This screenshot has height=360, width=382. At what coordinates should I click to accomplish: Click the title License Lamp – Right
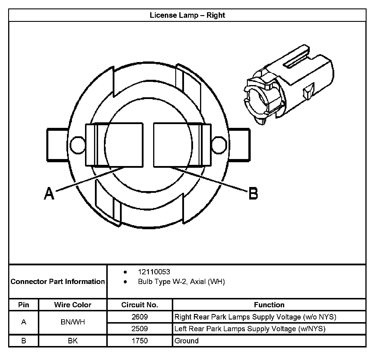187,15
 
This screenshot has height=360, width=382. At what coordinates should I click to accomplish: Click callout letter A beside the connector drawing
49,193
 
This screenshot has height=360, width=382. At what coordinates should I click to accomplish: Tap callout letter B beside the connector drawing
253,193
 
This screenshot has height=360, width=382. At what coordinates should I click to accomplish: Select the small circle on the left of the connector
77,145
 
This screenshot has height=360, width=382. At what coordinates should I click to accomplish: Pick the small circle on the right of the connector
219,145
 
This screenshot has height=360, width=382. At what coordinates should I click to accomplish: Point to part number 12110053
154,272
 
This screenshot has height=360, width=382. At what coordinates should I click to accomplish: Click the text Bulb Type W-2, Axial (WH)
181,282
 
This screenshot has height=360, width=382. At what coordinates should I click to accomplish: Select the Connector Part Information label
58,281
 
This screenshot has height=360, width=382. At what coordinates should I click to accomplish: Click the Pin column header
24,305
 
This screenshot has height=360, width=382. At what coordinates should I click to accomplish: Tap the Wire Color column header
72,305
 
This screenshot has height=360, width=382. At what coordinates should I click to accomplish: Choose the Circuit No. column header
139,305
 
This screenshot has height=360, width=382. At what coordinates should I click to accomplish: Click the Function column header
269,305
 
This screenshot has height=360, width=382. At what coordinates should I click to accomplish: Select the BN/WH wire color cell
72,322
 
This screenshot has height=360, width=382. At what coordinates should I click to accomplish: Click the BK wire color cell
72,340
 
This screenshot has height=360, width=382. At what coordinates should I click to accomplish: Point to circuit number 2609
139,317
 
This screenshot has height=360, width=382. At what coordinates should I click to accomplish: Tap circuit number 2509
139,329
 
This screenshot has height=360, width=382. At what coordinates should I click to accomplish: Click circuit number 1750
139,340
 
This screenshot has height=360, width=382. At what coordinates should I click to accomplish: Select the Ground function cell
186,340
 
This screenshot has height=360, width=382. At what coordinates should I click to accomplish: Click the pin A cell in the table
24,322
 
